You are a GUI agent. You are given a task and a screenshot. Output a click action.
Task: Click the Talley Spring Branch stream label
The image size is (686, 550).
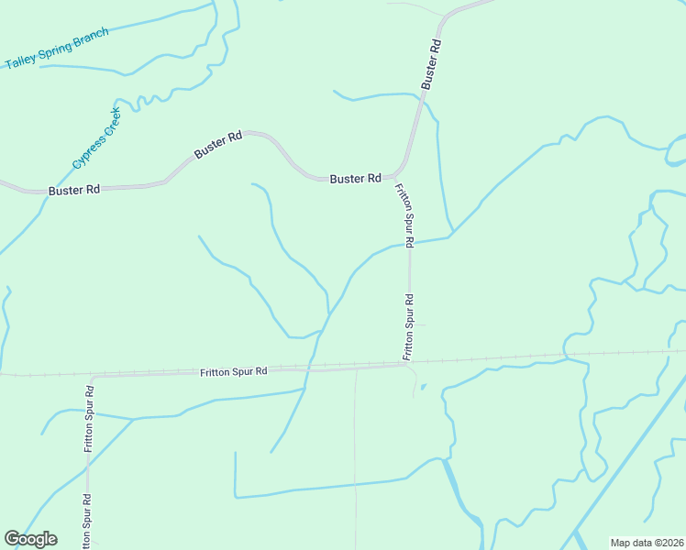point(57,49)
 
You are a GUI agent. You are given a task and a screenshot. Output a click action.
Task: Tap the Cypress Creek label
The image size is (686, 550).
point(96,137)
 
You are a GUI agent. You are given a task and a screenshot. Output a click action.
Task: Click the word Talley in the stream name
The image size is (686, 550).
point(19,60)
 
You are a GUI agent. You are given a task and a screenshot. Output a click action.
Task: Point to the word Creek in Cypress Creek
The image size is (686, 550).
point(109,121)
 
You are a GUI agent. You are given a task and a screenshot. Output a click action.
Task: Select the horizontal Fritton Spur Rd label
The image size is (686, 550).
point(233,371)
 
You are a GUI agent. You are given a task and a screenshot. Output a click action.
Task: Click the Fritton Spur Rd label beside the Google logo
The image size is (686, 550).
point(85,521)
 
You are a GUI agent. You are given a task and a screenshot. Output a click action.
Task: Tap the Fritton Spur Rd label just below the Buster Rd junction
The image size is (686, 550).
point(404,215)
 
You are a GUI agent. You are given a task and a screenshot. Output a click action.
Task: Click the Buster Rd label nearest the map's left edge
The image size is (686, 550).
point(74,190)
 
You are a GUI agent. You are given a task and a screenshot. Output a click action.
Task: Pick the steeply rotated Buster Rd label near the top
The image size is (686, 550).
point(432,63)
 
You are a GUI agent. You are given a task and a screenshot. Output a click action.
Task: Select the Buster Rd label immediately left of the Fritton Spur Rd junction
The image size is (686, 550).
point(355,179)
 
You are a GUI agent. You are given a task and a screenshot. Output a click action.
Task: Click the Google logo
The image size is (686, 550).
point(30,539)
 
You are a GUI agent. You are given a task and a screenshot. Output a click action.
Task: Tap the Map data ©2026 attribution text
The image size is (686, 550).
point(647,543)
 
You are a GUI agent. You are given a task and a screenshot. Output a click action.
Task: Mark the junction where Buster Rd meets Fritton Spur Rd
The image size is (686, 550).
point(398,174)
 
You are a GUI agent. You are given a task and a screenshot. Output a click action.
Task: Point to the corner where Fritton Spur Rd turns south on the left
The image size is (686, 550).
point(90,377)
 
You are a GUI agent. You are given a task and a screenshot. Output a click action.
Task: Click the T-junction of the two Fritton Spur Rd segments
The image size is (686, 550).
point(409,363)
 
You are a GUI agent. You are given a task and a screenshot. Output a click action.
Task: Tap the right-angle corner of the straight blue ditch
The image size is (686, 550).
point(236,496)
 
